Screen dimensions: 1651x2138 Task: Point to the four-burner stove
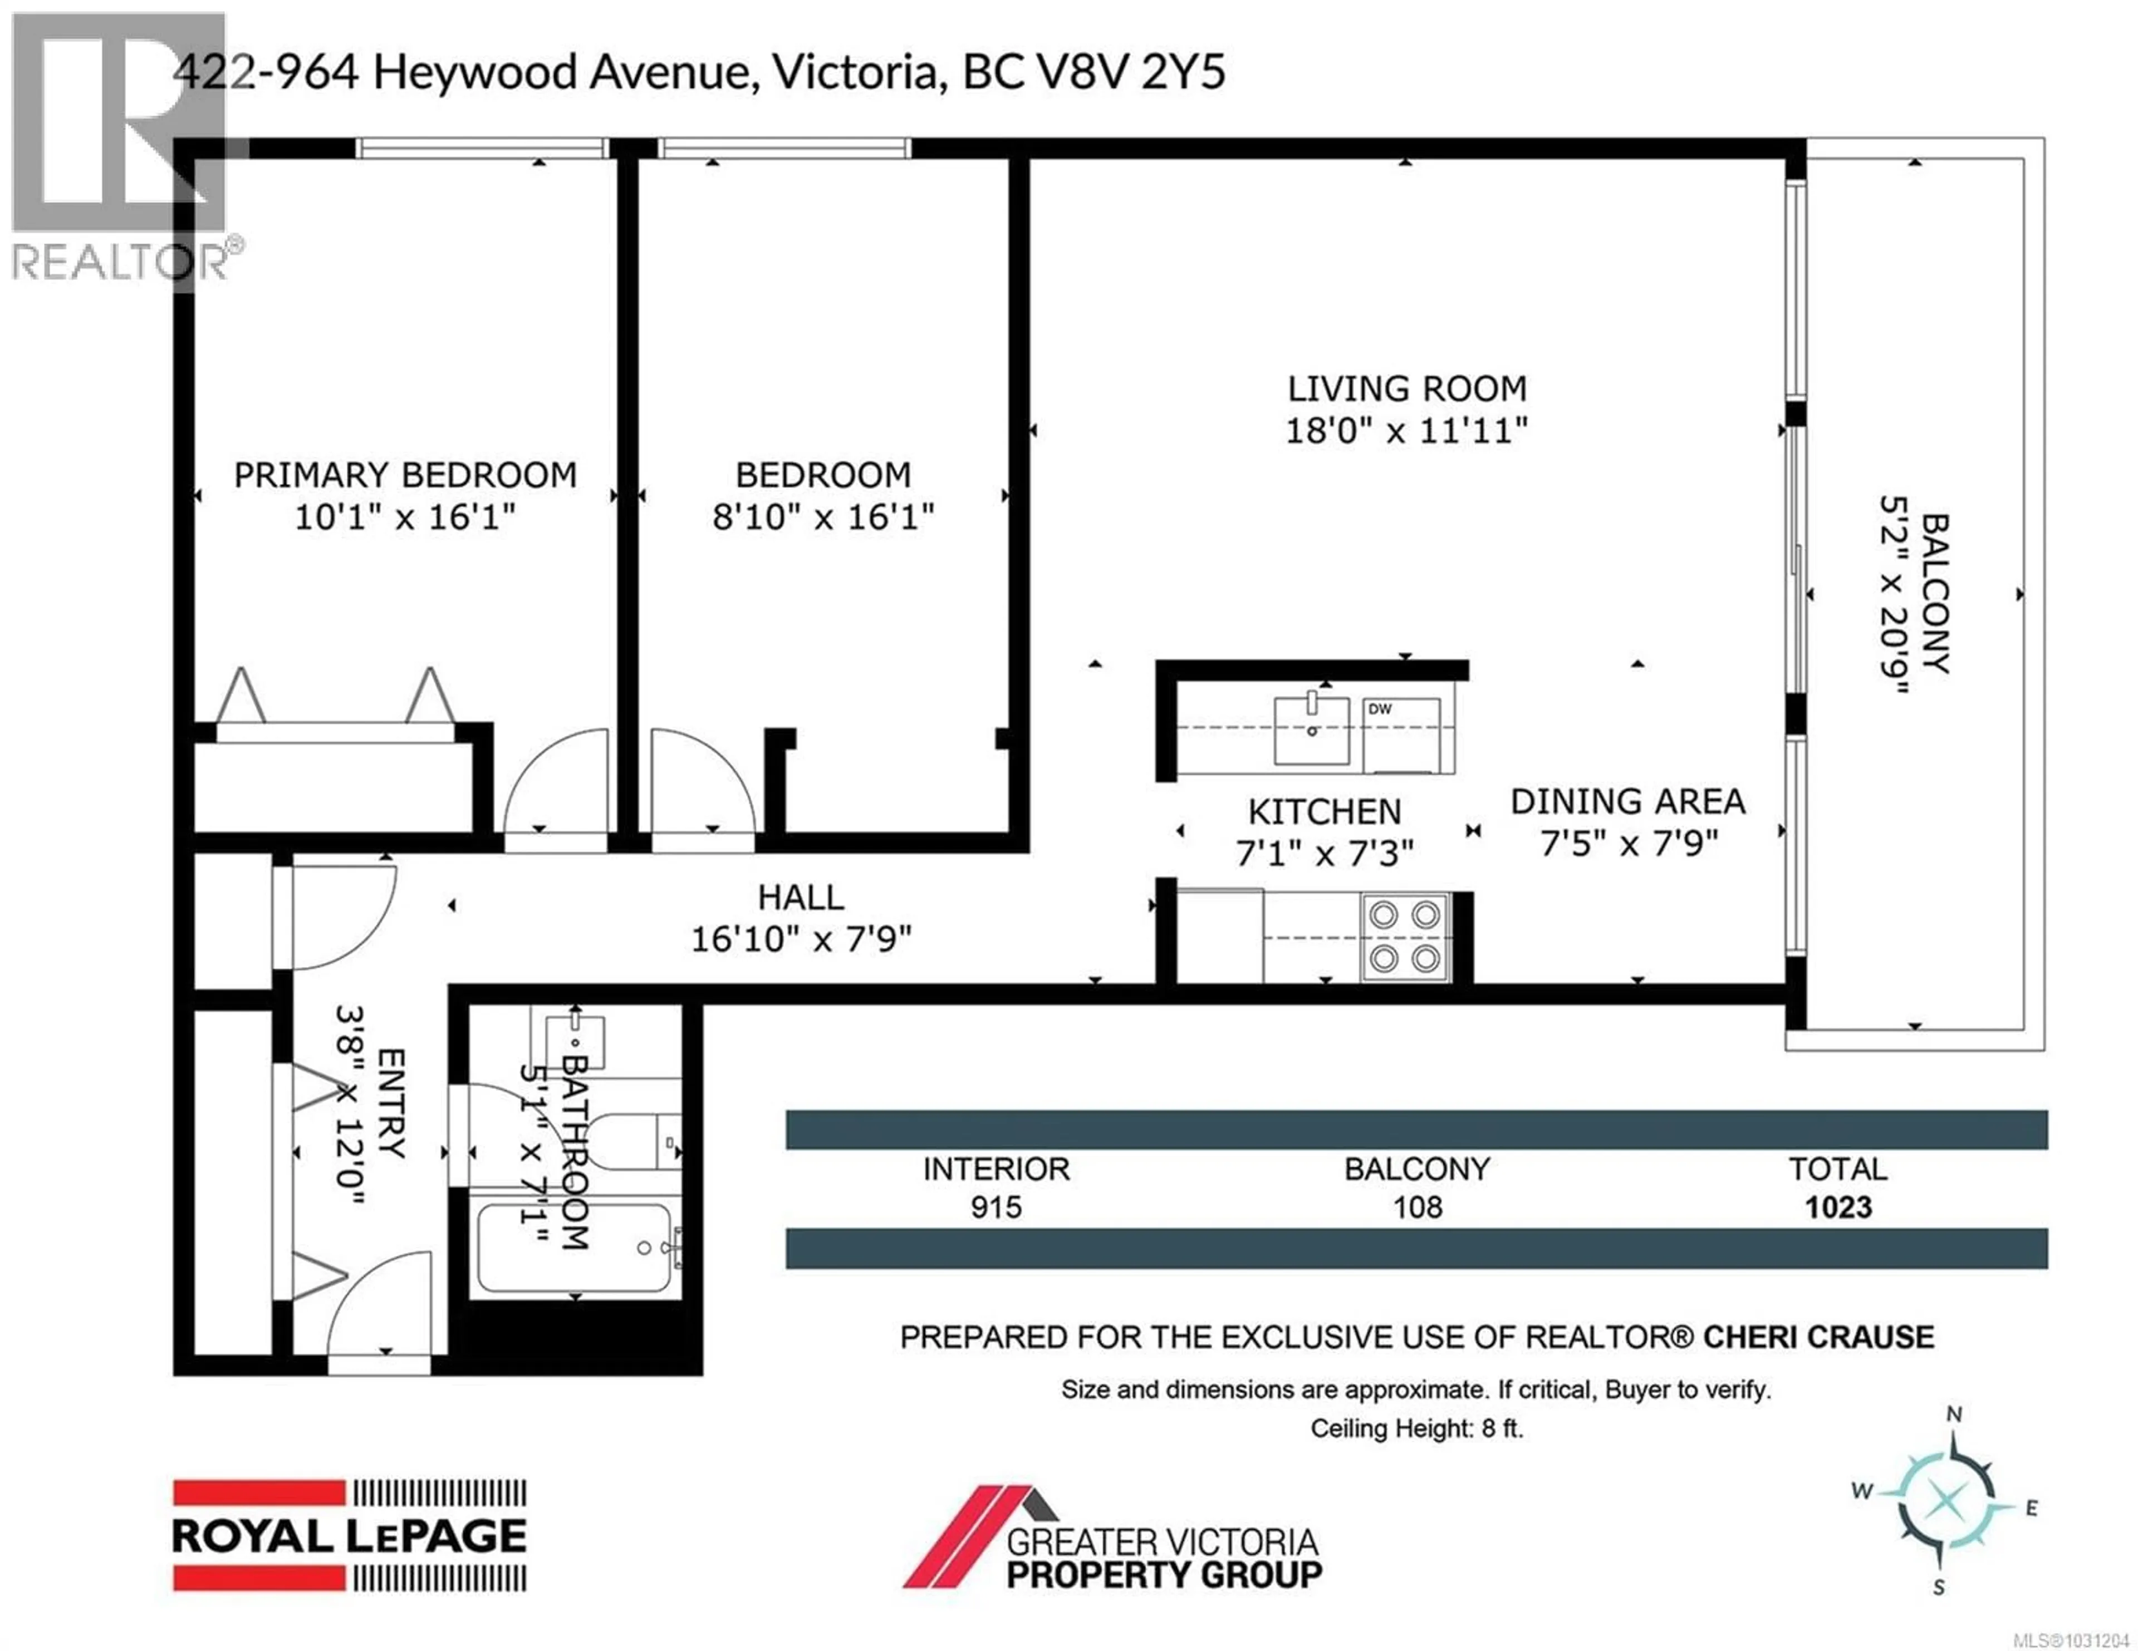point(1404,937)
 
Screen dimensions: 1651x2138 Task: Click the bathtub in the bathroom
point(573,1248)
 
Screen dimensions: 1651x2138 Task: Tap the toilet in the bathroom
point(626,1142)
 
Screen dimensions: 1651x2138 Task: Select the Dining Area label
point(1627,801)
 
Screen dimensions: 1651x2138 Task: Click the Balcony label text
point(1935,593)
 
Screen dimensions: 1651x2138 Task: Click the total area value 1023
point(1837,1208)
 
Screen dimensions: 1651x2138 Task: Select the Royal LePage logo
point(350,1535)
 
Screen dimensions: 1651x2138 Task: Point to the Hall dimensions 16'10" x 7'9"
point(801,939)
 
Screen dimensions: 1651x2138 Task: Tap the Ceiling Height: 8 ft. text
point(1416,1429)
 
